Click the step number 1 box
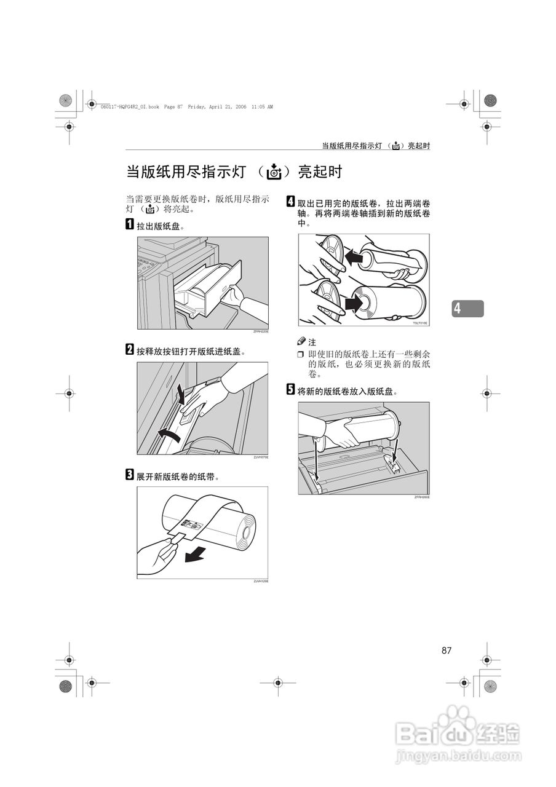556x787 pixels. point(130,224)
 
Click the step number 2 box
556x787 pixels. point(130,350)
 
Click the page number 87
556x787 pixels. point(446,651)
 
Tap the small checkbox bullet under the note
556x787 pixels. point(301,355)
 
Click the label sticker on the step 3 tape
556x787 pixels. point(192,526)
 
